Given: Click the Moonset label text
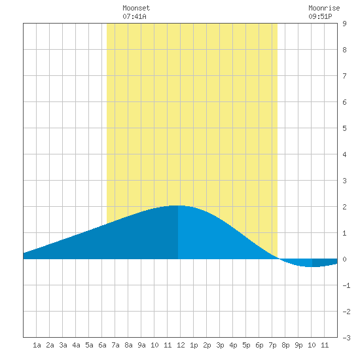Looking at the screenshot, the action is click(136, 8).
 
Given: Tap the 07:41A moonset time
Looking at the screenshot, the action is click(134, 16).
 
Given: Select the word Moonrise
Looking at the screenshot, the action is click(324, 8).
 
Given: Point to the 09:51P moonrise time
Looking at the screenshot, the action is click(320, 16).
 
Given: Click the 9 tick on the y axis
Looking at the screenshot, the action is click(344, 24).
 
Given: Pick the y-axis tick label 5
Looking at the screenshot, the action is click(344, 128).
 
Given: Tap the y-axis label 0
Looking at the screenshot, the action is click(344, 259).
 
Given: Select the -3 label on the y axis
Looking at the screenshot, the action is click(346, 338).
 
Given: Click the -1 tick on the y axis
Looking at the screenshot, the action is click(346, 285).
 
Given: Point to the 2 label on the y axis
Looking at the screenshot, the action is click(344, 207).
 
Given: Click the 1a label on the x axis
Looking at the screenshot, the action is click(37, 345).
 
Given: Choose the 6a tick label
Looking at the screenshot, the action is click(102, 345).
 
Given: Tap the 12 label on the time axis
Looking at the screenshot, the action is click(181, 345).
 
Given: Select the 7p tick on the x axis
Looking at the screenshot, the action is click(272, 345).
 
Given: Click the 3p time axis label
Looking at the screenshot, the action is click(220, 345).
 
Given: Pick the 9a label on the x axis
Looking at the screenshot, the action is click(141, 345).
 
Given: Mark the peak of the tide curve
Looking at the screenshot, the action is click(177, 206).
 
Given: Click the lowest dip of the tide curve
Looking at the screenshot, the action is click(310, 266).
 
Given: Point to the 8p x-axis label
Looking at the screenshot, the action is click(285, 345).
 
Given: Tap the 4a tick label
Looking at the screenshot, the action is click(76, 345).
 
